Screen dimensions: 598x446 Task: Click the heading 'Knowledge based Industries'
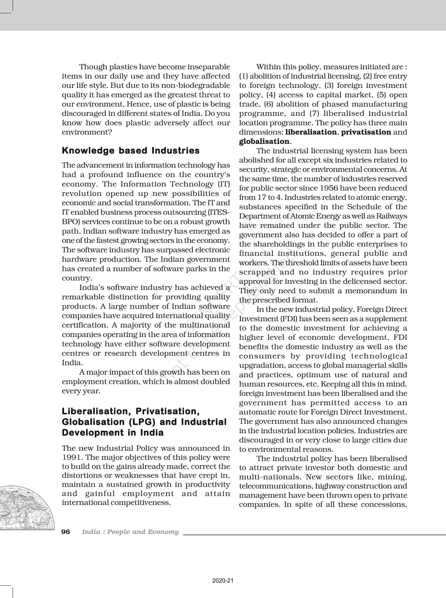(130, 151)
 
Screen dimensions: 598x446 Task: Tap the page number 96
(66, 532)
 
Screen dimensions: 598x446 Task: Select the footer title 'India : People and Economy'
(130, 532)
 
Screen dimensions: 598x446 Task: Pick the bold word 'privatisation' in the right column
(366, 132)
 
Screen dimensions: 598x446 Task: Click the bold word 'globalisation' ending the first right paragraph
(264, 141)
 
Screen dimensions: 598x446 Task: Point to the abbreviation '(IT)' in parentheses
(224, 184)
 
